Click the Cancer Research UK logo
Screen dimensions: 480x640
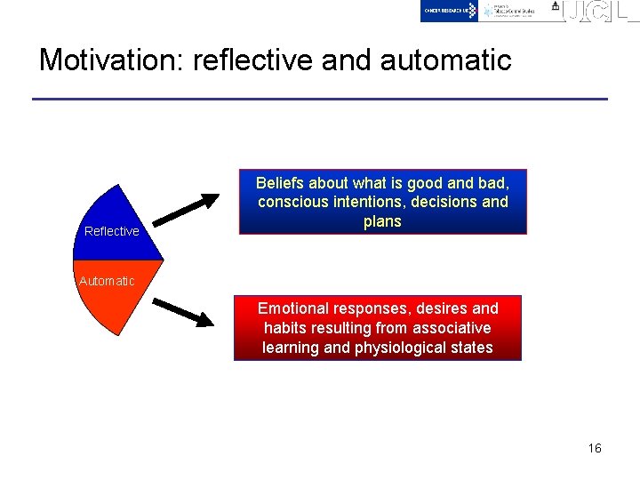[450, 10]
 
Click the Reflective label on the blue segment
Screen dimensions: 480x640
[112, 231]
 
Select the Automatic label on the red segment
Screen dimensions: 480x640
[107, 281]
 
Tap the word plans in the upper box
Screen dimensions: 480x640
[382, 221]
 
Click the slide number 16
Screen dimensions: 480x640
[595, 448]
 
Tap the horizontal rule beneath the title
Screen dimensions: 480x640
[320, 99]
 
